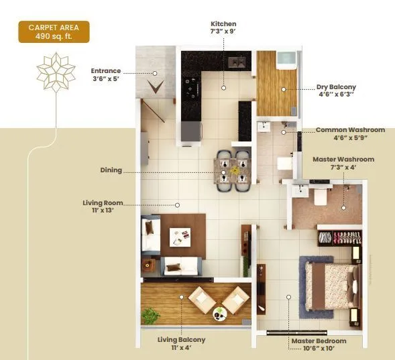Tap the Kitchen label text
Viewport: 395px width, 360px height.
pos(223,27)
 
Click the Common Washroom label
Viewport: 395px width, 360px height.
pos(349,133)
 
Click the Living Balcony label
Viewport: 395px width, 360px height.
pos(181,343)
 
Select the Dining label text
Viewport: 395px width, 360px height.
pos(111,170)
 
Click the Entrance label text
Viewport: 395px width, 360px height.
pos(106,73)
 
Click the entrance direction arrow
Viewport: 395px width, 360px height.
pos(156,86)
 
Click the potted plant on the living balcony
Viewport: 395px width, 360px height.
pos(150,315)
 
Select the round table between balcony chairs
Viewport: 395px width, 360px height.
pos(220,312)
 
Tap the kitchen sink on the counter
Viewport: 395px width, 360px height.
pos(236,62)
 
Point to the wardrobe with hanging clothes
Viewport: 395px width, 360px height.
pos(339,237)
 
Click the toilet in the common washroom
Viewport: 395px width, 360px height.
pos(283,163)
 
